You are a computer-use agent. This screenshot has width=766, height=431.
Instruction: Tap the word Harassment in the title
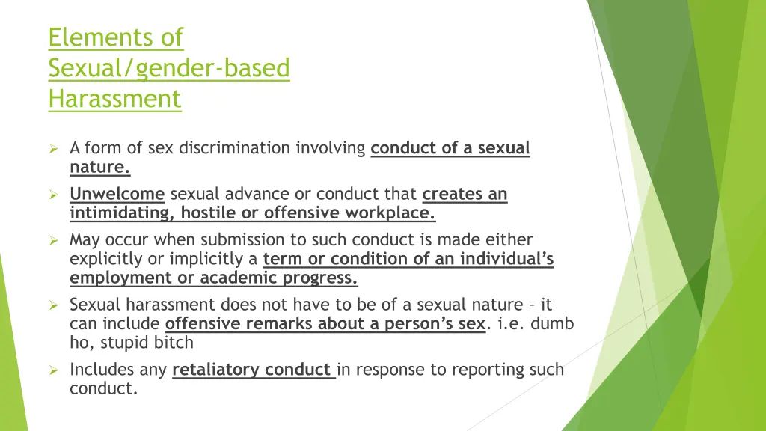point(114,98)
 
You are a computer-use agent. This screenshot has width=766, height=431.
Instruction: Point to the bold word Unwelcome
point(117,195)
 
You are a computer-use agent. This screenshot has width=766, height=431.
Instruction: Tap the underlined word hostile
point(208,213)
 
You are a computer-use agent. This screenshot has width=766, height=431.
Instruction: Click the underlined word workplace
point(389,213)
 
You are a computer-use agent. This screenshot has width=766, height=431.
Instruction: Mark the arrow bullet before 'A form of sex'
point(54,148)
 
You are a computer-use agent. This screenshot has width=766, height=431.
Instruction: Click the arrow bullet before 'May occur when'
point(54,240)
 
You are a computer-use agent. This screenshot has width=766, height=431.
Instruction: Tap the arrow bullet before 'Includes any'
point(54,370)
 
